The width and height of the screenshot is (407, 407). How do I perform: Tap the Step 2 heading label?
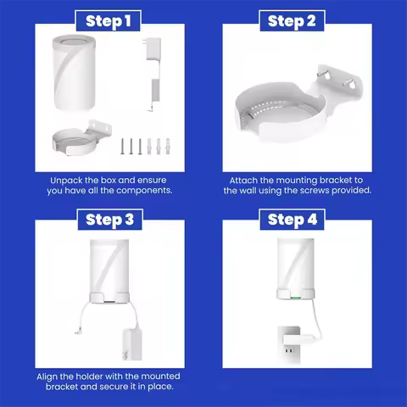(292, 20)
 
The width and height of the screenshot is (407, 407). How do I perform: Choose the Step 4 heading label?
(292, 220)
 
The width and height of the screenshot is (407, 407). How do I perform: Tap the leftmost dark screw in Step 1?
(121, 145)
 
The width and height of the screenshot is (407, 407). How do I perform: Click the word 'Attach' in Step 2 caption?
(246, 181)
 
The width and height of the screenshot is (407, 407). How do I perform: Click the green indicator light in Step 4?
(293, 297)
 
